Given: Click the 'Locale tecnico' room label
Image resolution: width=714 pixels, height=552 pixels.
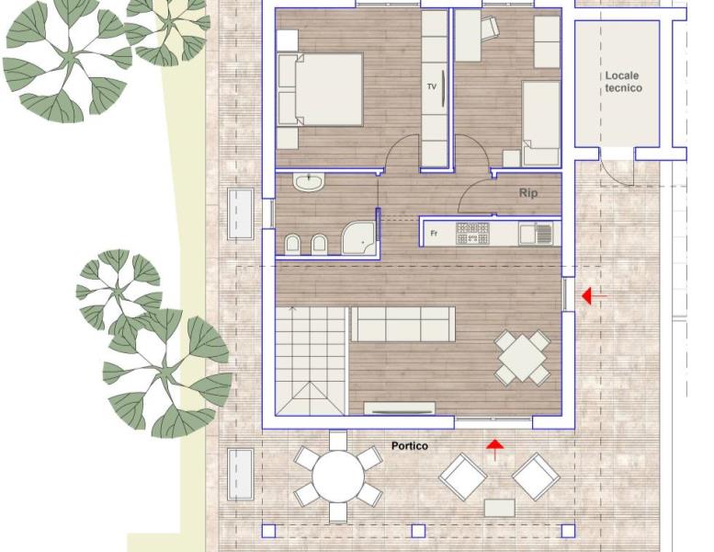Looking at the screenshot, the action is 623,82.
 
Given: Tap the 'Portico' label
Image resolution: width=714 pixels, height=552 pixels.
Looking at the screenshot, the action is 410,446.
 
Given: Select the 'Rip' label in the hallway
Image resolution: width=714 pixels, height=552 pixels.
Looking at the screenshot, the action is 528,193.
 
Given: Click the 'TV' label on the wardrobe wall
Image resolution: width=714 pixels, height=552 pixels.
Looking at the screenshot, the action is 432,86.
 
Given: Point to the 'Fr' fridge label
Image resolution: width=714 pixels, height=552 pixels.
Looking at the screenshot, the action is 434,234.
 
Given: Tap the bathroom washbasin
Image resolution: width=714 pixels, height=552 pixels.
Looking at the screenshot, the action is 309,181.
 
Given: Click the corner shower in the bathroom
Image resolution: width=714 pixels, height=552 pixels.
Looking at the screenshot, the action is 358,237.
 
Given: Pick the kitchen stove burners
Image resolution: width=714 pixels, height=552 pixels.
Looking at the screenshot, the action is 472,233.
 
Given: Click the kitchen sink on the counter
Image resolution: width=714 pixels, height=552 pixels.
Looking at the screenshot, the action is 536,233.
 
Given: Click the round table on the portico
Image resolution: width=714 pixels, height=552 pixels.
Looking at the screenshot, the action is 338,477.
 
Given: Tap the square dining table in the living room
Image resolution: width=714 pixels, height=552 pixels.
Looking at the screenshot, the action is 523,357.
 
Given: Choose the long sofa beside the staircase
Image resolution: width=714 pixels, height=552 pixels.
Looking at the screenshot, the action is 403,324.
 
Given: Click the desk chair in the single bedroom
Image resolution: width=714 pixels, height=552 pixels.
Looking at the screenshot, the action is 490,28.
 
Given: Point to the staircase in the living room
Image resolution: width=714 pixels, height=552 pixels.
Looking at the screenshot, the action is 311,361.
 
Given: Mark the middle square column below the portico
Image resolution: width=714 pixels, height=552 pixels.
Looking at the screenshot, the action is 418,531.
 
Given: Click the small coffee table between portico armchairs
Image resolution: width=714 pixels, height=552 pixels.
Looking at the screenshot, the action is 500,508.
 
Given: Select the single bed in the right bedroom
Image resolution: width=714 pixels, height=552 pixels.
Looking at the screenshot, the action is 541,123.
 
